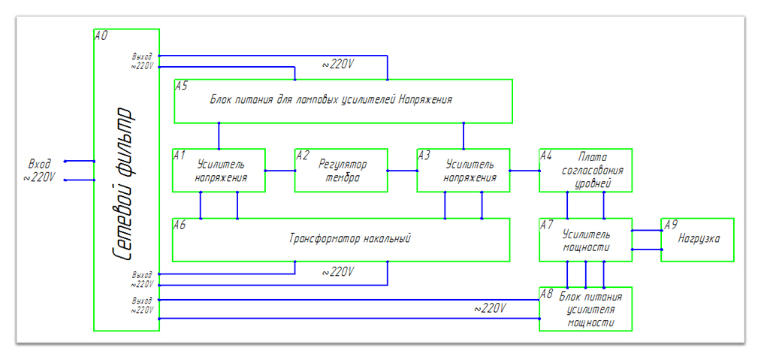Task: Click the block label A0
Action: (101, 35)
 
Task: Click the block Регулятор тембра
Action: (341, 171)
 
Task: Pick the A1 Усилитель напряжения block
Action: (219, 171)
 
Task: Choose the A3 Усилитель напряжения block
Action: (464, 171)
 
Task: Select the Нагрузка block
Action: (698, 239)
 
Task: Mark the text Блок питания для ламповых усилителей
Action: (331, 98)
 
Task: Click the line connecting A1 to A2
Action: (280, 171)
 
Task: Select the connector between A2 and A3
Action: (403, 171)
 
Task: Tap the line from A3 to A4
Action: (525, 171)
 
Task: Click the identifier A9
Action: (670, 224)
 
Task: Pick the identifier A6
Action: (180, 224)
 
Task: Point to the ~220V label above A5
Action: (338, 65)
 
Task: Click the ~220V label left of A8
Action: (489, 308)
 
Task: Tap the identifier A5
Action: (181, 86)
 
